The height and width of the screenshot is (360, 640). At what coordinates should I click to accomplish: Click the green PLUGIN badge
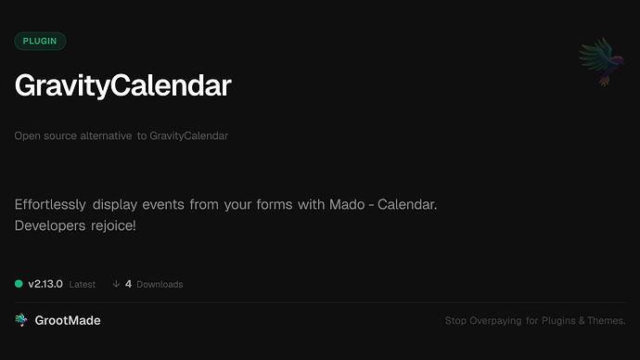40,41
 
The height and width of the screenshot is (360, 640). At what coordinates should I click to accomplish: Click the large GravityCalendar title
122,85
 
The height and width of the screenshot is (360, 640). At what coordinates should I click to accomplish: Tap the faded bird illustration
599,63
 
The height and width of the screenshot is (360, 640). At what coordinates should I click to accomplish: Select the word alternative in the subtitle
103,135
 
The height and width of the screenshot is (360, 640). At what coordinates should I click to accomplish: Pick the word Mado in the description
350,204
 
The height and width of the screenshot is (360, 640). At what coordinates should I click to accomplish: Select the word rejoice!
115,225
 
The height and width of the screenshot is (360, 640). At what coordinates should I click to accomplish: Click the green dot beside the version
19,284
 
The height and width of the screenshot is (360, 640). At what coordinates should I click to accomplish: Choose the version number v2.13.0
45,284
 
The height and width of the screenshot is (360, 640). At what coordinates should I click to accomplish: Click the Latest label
82,284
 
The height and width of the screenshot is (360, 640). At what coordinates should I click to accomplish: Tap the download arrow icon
116,284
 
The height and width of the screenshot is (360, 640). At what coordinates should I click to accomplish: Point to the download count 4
128,284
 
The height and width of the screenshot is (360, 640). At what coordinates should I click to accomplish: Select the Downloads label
160,284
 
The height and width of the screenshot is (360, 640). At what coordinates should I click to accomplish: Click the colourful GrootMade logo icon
21,320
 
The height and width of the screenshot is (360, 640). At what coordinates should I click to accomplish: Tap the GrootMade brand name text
69,320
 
